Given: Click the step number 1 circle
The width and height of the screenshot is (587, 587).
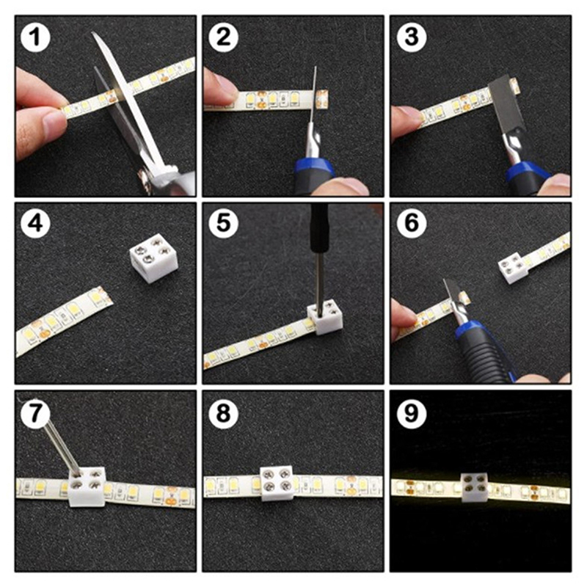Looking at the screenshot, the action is [x=35, y=37].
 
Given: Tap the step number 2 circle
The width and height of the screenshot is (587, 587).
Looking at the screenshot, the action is [x=224, y=37].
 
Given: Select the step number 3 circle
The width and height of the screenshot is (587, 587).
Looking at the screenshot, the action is [x=412, y=37].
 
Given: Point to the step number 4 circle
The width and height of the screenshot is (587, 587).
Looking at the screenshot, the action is [x=35, y=224].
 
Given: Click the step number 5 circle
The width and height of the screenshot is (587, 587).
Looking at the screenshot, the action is [x=224, y=224].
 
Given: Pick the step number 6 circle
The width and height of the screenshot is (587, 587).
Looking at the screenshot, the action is [x=412, y=224].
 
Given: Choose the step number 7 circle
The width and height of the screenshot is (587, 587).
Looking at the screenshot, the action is [x=35, y=413].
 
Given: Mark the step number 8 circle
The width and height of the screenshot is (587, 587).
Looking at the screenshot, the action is [x=224, y=413].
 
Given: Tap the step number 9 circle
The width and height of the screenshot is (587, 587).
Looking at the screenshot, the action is [x=412, y=413].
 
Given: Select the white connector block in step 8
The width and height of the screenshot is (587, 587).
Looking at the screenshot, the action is [x=277, y=484].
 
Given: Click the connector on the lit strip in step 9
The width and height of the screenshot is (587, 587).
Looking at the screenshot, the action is [x=474, y=487].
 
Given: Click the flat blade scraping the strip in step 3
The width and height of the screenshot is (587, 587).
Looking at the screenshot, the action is [x=506, y=102].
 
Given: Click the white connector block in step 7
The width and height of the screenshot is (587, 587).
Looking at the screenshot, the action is [x=87, y=486].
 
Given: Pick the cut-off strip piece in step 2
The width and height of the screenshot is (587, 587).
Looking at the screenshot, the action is [x=322, y=99].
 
